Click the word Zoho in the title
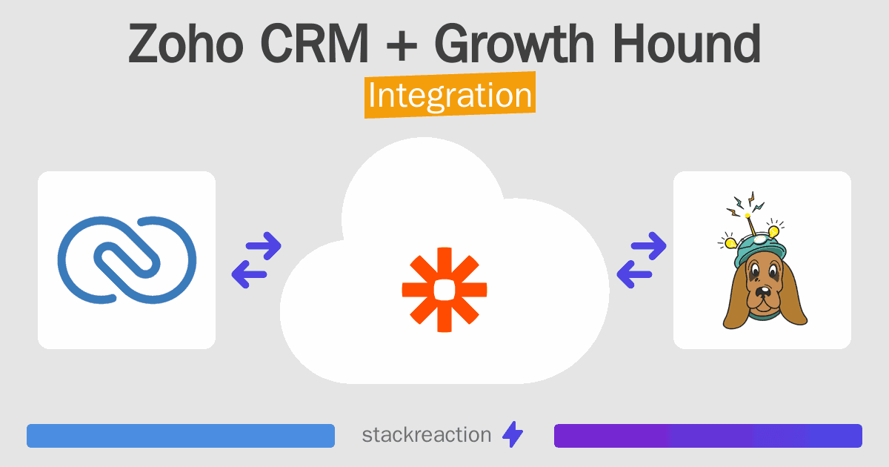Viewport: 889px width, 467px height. (186, 44)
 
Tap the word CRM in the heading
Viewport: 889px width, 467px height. (315, 44)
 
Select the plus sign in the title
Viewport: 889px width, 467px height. (402, 46)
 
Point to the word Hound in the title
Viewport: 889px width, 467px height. (687, 44)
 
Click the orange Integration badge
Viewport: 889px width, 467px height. (450, 95)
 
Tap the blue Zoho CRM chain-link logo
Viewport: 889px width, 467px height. (127, 260)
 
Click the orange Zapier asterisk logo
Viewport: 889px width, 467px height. (444, 290)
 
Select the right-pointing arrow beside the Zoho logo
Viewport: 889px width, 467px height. (264, 246)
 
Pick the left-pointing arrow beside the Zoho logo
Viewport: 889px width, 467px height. (249, 274)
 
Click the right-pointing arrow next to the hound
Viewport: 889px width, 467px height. (648, 246)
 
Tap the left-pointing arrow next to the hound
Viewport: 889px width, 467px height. (634, 274)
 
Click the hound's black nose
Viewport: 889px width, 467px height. (762, 292)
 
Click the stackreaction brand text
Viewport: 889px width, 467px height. (427, 435)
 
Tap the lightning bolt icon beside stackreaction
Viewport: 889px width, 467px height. (513, 434)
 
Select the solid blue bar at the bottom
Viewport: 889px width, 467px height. (181, 436)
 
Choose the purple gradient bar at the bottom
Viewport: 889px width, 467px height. (708, 436)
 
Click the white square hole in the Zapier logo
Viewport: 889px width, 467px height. (444, 290)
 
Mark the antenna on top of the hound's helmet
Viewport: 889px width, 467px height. (751, 225)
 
